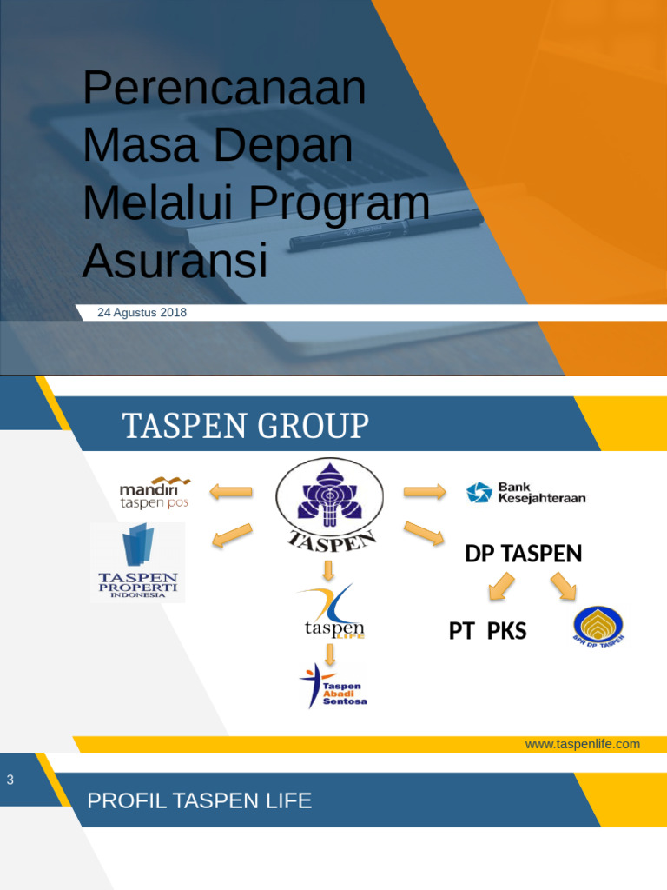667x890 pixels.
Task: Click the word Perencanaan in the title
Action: [224, 89]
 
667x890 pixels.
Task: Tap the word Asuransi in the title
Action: [175, 261]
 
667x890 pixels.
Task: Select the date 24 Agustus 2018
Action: [142, 313]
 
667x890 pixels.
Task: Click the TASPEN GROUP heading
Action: [246, 427]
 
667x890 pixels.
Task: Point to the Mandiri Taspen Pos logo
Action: [155, 492]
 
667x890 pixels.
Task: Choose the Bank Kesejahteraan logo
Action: [526, 493]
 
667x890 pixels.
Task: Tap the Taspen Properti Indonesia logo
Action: [138, 562]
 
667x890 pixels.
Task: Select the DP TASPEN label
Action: [523, 554]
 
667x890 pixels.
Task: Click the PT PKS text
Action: [487, 631]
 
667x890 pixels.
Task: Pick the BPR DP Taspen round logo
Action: [598, 626]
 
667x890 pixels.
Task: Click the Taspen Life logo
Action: [330, 613]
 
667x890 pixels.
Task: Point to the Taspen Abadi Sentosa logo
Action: [333, 685]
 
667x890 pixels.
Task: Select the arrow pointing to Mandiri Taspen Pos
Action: [231, 492]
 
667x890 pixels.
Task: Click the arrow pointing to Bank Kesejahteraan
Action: [425, 492]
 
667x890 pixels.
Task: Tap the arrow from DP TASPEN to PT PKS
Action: [501, 587]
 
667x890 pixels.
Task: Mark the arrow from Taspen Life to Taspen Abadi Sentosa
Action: [329, 654]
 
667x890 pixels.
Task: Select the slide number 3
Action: [10, 780]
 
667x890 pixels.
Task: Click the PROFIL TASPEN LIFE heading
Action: [200, 800]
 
